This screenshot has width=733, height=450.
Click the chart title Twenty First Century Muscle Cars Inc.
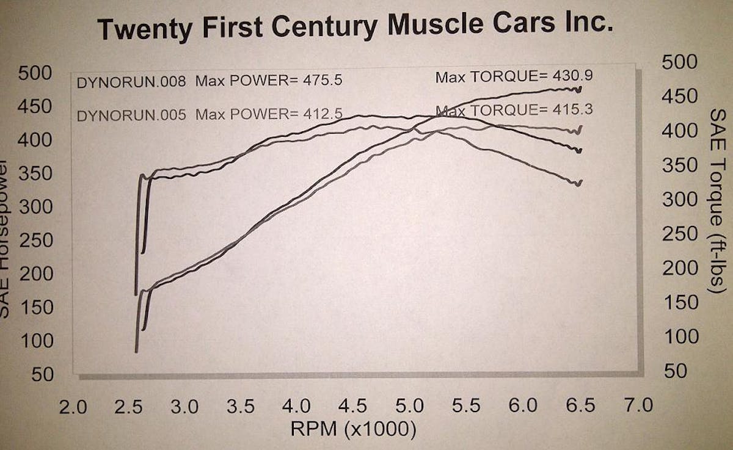click(355, 27)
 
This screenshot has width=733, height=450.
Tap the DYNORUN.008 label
click(131, 82)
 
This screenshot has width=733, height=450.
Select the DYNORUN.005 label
click(131, 114)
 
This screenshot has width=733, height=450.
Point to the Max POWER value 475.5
click(327, 81)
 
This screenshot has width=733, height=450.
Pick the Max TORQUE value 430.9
click(575, 77)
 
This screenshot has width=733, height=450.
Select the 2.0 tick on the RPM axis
click(73, 405)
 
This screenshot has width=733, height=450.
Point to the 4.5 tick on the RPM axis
click(354, 405)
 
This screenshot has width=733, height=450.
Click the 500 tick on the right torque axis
click(679, 62)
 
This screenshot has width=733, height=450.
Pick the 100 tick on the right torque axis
click(679, 336)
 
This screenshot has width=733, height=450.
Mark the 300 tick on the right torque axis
click(679, 200)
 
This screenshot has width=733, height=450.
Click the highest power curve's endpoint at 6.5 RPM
click(579, 89)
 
